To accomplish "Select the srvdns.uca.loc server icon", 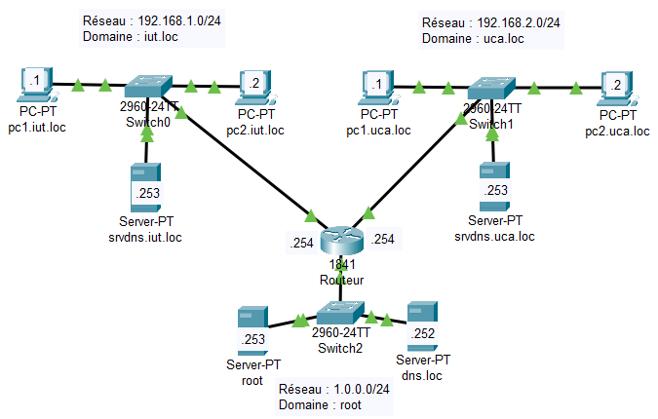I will [493, 185].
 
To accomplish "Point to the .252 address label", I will [422, 334].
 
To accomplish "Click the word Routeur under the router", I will [340, 280].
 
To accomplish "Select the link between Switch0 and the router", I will [244, 161].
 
